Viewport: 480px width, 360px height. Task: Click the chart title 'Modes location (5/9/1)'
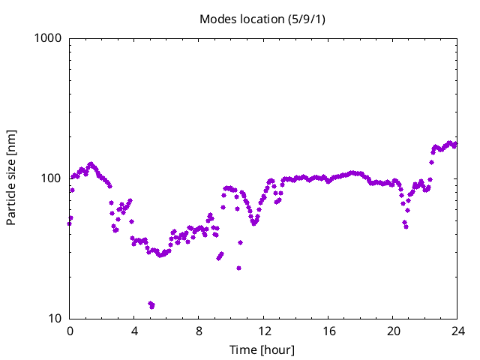[262, 19]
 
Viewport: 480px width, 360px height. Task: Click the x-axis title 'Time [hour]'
[262, 350]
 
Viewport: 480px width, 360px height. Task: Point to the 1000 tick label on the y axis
[47, 38]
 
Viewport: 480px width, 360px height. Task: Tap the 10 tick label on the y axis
[54, 319]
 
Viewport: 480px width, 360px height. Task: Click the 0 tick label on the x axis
[70, 331]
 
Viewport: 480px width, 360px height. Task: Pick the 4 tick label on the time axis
[134, 331]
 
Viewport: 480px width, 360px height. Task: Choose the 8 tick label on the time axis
[199, 331]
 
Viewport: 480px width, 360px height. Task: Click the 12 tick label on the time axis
[264, 331]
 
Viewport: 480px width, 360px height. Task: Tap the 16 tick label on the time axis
[328, 331]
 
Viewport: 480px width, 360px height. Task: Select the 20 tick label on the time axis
[393, 331]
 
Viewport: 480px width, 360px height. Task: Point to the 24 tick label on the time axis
[457, 331]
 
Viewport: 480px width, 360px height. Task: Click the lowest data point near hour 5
[152, 306]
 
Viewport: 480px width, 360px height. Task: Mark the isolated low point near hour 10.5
[238, 268]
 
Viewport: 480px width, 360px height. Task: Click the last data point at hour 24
[455, 144]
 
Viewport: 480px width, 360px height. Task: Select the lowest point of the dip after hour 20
[406, 226]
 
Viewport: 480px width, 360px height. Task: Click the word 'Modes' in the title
[215, 19]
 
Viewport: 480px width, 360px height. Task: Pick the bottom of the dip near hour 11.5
[254, 223]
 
